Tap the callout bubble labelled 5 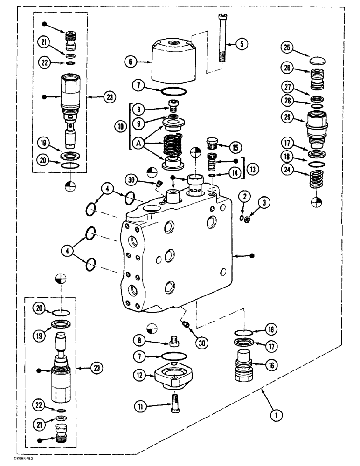241,44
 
